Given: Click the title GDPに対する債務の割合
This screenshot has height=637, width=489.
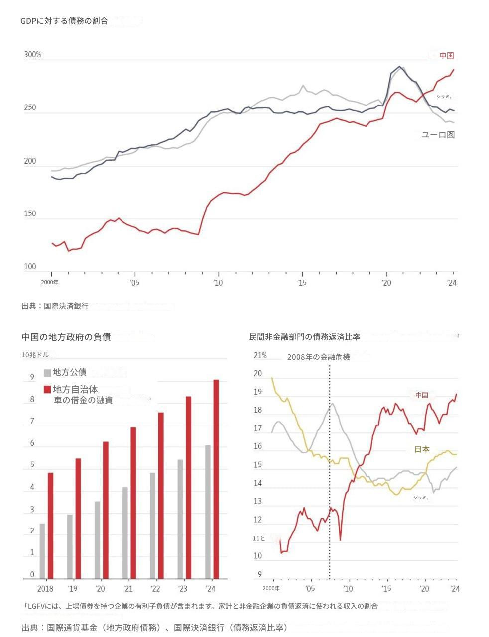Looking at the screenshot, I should [64, 21].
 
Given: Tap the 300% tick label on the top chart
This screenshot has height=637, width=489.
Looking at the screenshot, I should [32, 55].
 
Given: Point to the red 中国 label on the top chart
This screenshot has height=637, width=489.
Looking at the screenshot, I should [446, 56].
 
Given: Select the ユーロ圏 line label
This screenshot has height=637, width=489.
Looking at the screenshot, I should [438, 135].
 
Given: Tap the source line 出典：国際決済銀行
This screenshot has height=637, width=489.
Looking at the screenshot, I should [55, 306].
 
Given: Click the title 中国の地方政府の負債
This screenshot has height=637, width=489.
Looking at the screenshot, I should [66, 337].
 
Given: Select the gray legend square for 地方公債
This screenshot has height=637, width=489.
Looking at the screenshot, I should [47, 373].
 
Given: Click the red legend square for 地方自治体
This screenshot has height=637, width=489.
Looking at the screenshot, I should [47, 389].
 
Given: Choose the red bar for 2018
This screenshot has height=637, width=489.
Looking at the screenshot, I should [50, 526].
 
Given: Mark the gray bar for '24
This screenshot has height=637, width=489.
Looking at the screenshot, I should [208, 512].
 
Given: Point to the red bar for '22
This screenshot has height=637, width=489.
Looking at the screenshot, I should [161, 496].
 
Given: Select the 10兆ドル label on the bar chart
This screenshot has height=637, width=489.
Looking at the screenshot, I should [35, 355].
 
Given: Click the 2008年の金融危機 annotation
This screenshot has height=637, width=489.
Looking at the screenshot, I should [318, 357].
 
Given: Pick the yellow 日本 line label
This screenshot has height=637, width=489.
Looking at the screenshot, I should [422, 449].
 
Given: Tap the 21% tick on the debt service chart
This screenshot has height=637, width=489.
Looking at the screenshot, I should [260, 356].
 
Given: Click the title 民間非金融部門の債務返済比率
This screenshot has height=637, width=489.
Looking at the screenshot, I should [304, 337].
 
